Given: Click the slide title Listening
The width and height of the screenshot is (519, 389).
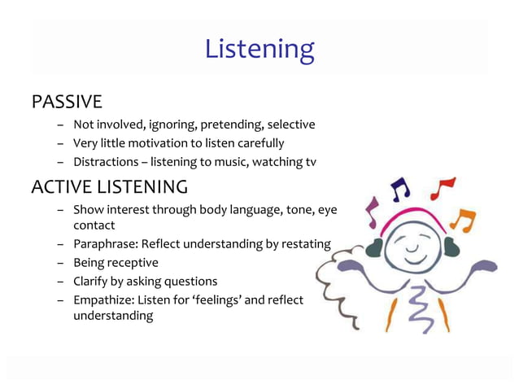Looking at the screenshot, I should tap(259, 50).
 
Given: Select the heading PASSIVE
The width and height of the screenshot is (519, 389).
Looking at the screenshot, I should tap(67, 103).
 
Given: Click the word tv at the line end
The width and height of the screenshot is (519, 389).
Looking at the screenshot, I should tap(310, 162).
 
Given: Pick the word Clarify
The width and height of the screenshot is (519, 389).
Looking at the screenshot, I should tap(92, 282).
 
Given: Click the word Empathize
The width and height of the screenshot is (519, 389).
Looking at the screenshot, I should tap(104, 300).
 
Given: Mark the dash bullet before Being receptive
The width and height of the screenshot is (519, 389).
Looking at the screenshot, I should tap(61, 263).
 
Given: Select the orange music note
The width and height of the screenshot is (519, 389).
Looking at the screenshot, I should tap(463, 220).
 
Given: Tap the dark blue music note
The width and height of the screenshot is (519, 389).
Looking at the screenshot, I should tap(399, 189).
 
